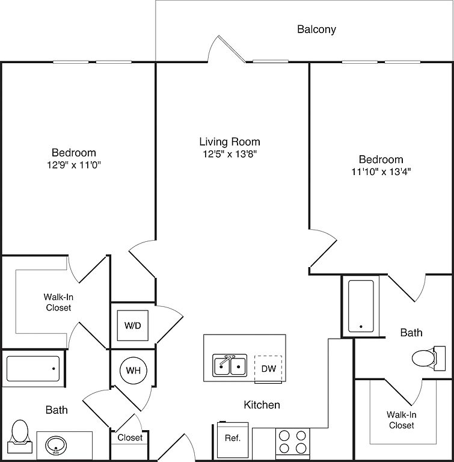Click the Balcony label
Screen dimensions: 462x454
pos(316,29)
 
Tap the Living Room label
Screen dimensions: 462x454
pos(230,142)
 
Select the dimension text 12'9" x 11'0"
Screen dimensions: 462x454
pos(73,165)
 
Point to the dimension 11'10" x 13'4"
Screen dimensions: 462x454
pos(381,171)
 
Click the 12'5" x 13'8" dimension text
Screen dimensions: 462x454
pos(230,154)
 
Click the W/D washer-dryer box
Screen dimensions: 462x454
pos(132,325)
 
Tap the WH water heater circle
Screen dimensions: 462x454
pos(133,371)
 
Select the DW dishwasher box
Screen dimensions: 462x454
pos(268,369)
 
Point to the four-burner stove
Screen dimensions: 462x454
pos(292,443)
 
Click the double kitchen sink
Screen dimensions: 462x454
pos(230,365)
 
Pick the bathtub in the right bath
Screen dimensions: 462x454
pos(361,305)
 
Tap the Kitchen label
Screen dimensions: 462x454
pos(262,405)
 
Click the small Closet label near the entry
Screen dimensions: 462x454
pos(130,437)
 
